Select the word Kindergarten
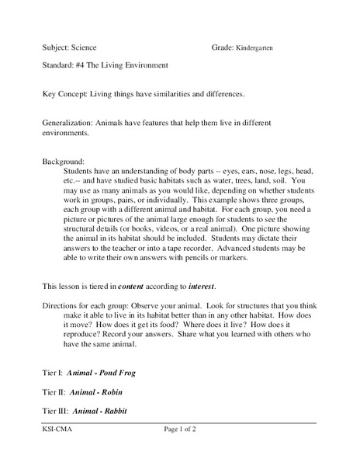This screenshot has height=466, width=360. click(254, 48)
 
